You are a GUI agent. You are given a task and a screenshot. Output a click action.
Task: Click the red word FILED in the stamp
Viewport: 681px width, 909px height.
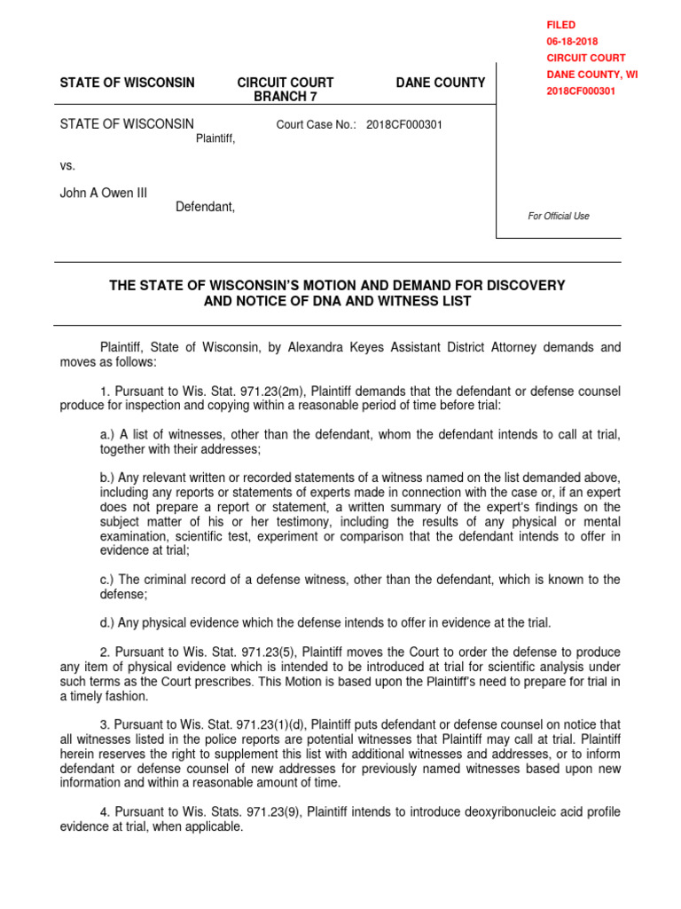(560, 25)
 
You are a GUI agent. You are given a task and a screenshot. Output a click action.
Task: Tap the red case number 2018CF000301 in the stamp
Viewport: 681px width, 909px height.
(581, 91)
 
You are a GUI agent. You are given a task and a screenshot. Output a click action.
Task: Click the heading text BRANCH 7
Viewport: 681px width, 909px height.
(286, 97)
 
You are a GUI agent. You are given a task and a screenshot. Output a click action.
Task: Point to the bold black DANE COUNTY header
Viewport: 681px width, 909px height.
(440, 83)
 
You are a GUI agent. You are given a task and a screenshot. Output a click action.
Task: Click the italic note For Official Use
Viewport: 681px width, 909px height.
(559, 216)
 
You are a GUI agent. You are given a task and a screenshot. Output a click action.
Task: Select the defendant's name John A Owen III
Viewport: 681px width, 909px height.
(104, 193)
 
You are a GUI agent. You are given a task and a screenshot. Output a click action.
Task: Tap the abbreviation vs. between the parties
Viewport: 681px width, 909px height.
(68, 165)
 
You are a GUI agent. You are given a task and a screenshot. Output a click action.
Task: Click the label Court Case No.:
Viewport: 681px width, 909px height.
(317, 125)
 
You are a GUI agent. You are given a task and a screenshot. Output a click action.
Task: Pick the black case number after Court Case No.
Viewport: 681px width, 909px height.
(404, 125)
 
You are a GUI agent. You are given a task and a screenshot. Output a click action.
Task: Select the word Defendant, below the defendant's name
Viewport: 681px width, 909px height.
(205, 207)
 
